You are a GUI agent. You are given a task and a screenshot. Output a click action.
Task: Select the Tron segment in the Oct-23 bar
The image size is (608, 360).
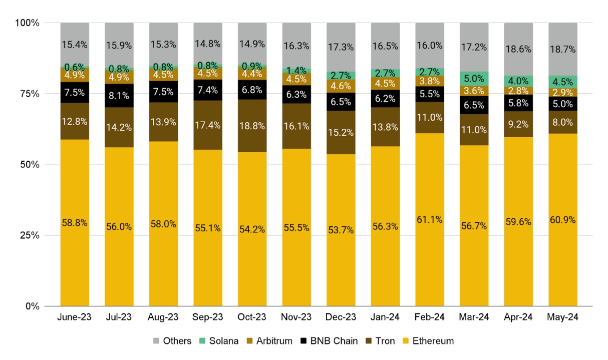click(252, 126)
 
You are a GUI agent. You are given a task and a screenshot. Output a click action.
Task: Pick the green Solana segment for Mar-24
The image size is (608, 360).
click(474, 79)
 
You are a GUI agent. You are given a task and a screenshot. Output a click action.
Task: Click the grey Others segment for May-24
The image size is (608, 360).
click(562, 49)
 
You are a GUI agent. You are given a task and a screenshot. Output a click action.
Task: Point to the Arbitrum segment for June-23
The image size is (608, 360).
click(75, 75)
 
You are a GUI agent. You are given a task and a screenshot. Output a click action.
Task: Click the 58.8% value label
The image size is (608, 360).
click(75, 223)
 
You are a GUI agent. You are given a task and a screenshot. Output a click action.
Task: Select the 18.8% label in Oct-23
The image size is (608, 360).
click(252, 125)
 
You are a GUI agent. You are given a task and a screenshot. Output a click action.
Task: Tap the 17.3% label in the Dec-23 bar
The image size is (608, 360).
click(341, 48)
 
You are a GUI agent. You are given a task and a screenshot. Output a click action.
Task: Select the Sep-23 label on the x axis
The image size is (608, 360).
click(207, 317)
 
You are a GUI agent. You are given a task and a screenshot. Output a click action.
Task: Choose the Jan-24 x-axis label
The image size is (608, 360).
click(385, 317)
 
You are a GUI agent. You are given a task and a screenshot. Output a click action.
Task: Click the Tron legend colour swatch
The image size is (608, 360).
click(370, 341)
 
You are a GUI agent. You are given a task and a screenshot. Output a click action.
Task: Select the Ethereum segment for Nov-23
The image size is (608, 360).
click(296, 227)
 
